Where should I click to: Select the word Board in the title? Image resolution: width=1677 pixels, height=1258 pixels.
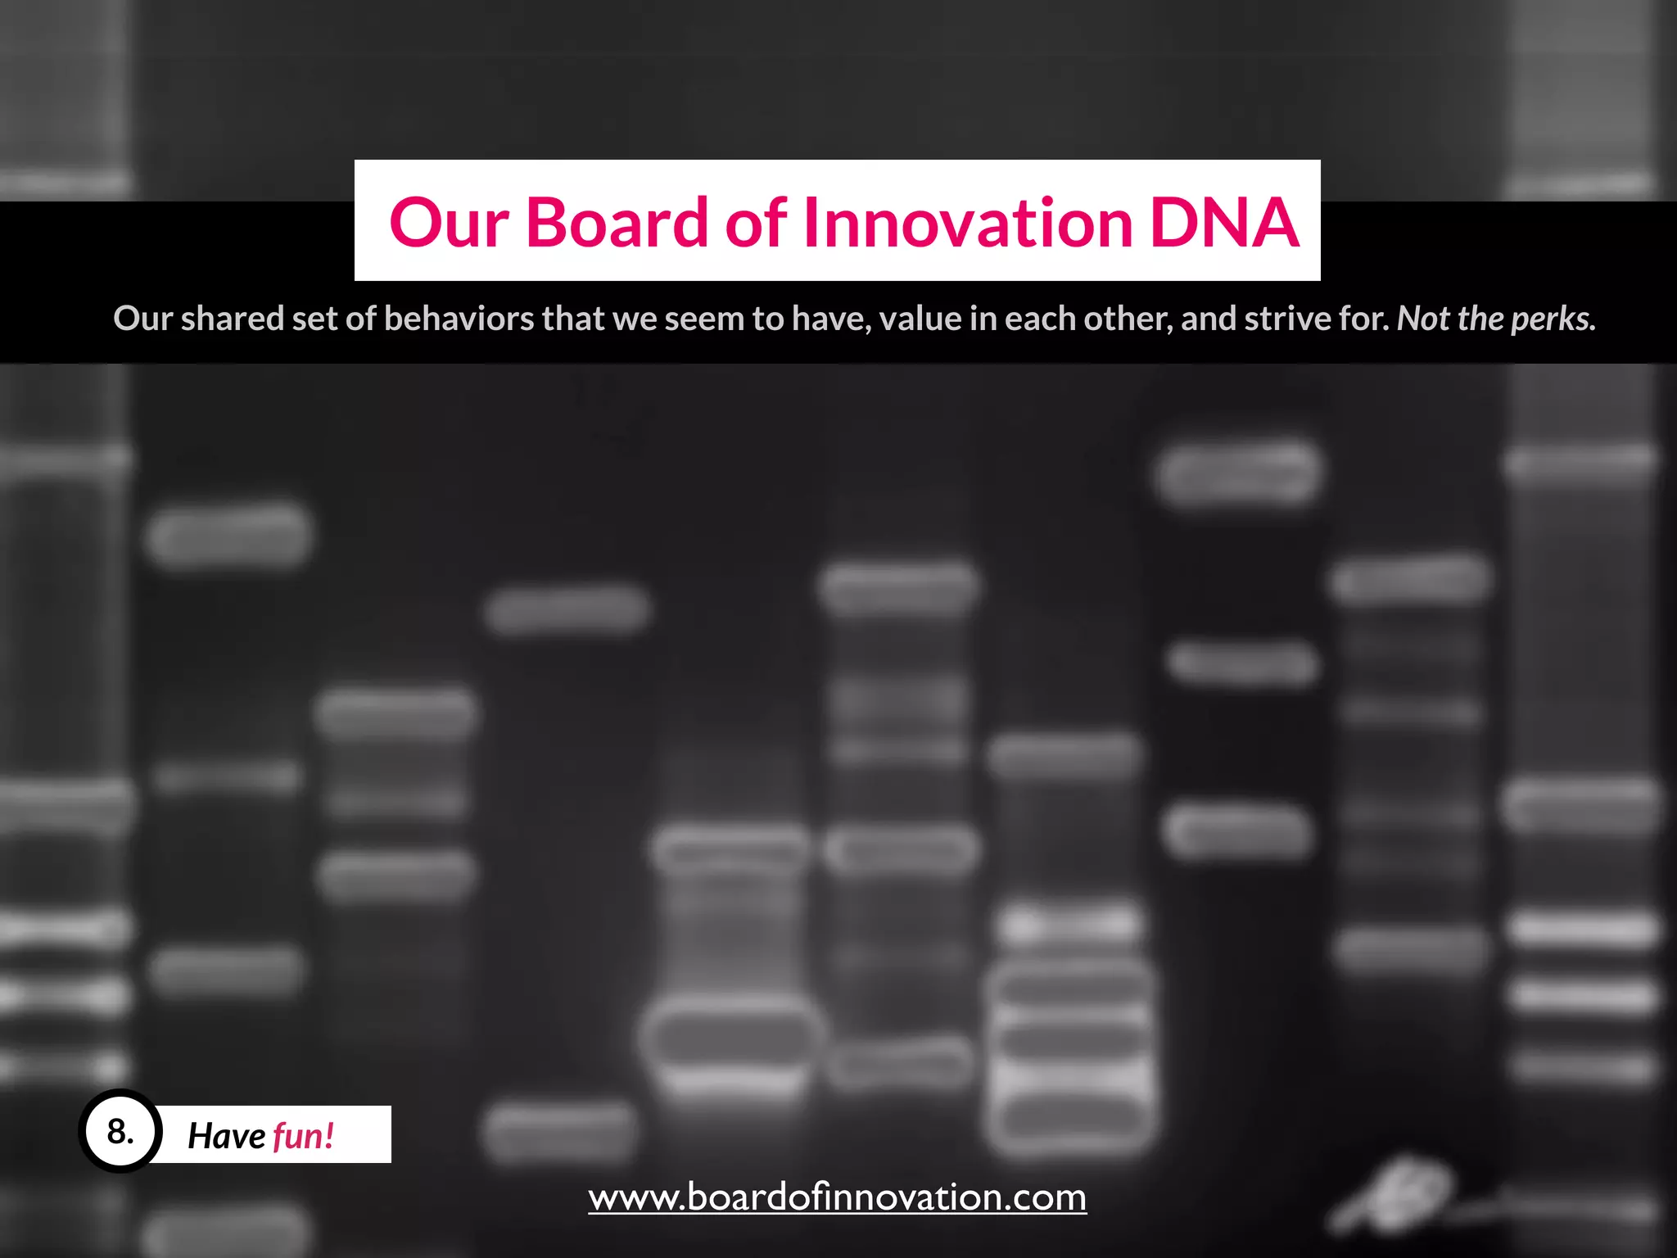617,222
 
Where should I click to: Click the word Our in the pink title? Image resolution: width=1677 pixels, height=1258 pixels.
449,224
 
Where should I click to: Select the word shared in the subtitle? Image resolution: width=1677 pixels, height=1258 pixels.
232,319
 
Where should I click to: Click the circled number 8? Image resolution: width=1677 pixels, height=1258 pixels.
120,1133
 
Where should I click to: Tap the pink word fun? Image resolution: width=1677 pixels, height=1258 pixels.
303,1136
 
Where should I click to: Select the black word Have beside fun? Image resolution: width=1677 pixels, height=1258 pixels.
227,1136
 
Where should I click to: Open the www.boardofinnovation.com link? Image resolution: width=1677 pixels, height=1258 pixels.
837,1197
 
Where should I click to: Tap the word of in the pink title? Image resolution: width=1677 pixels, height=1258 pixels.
756,222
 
